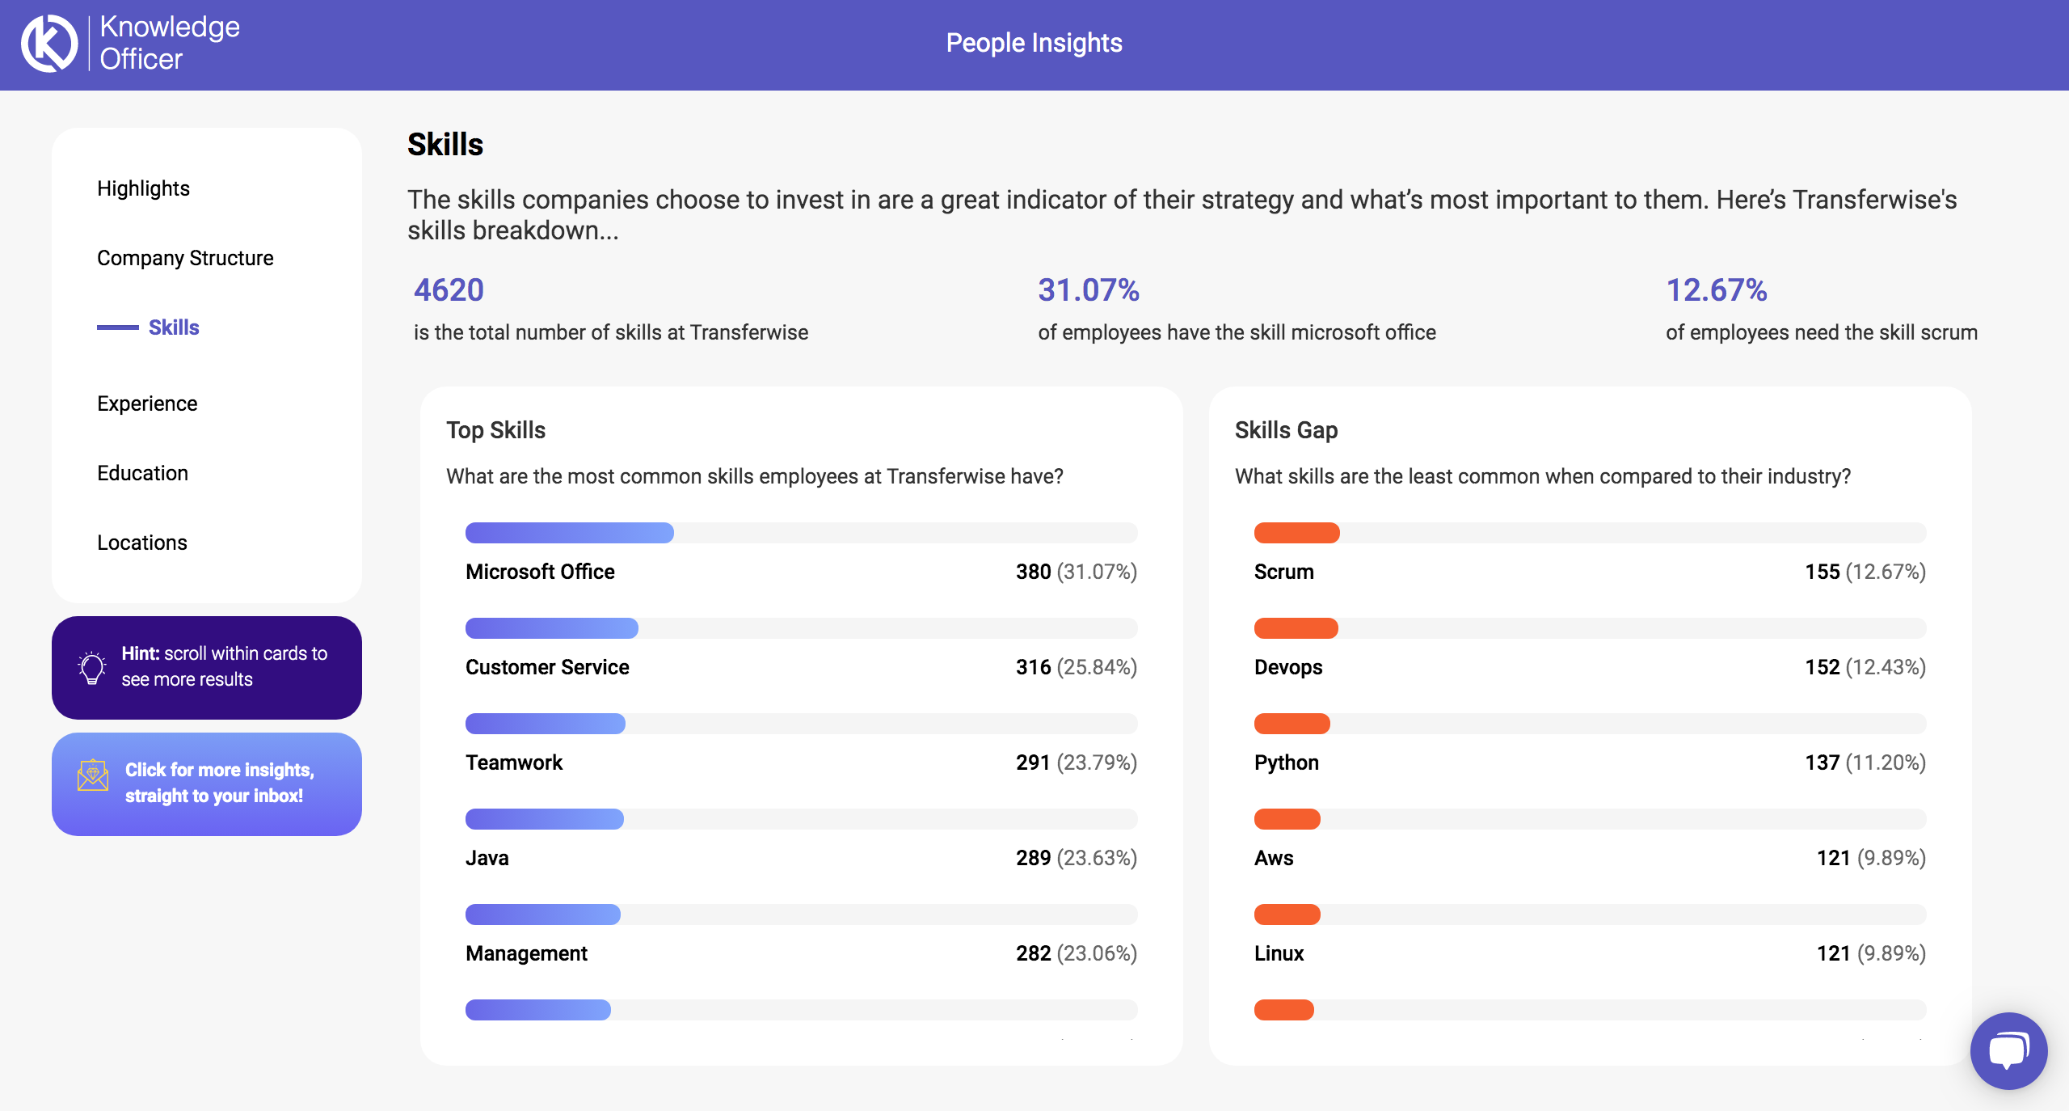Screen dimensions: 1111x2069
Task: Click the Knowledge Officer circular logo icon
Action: point(48,44)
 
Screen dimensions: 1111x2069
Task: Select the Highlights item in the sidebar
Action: point(143,188)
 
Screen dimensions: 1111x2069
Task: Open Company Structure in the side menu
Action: point(185,258)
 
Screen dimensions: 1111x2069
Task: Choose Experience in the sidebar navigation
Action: point(147,403)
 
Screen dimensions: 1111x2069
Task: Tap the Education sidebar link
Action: point(142,473)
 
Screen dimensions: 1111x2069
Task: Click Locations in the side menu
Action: point(142,543)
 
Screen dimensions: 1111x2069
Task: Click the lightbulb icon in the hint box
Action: point(92,667)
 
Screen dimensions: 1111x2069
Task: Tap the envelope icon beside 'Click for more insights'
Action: point(93,775)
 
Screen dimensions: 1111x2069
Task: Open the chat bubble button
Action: point(2008,1050)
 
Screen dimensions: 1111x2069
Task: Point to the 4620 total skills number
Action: point(449,290)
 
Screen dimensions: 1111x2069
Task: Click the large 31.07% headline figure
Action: point(1089,290)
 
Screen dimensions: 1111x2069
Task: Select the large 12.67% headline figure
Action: point(1717,290)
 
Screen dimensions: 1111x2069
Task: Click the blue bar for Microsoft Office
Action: point(569,533)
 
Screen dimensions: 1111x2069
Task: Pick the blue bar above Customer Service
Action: point(551,628)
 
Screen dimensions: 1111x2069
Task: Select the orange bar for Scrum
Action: point(1296,533)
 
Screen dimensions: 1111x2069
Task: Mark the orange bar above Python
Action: point(1292,724)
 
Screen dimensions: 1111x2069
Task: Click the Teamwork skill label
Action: point(514,762)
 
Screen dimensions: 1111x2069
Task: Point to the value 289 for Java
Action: point(1033,858)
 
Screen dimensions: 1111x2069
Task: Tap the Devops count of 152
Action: point(1822,667)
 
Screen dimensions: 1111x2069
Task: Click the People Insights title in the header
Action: point(1034,43)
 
